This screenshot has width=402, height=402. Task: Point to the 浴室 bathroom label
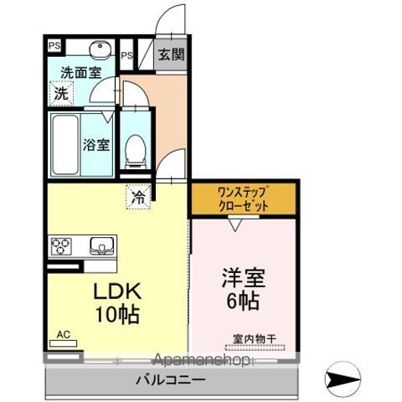(x=96, y=144)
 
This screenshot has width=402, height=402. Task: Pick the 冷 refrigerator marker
(x=137, y=198)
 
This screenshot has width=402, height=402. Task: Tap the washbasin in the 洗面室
(x=99, y=49)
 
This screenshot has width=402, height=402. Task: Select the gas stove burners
(x=62, y=247)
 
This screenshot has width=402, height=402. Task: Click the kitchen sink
(x=101, y=247)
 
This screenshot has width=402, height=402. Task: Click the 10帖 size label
(x=115, y=316)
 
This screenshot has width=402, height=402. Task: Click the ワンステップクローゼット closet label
(x=242, y=199)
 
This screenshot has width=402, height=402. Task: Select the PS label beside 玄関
(x=127, y=55)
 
